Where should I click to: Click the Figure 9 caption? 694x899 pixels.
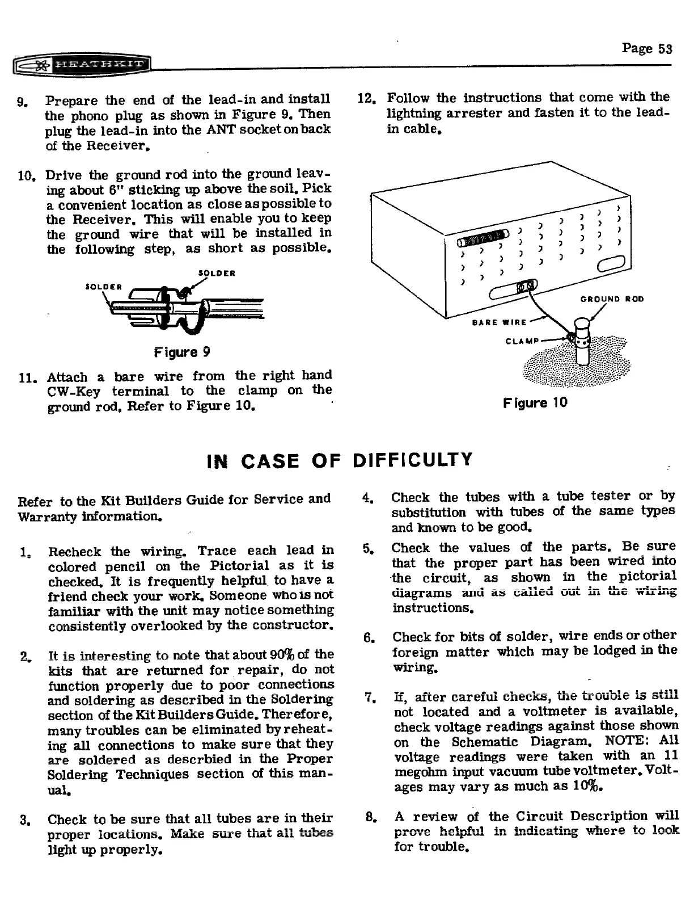182,352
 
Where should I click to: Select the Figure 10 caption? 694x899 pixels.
535,403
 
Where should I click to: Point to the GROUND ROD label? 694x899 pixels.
612,299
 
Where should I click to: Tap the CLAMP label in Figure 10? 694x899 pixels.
521,341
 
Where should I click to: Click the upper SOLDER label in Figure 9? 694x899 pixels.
216,273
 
